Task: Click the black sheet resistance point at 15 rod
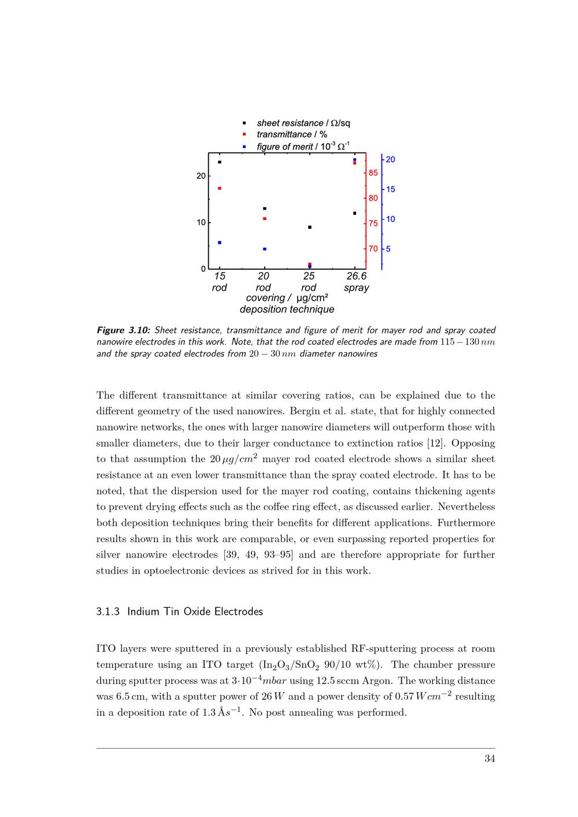tap(220, 162)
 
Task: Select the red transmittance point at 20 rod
tap(265, 218)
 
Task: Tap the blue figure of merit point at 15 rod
tap(220, 243)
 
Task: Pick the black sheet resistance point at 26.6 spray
tap(354, 213)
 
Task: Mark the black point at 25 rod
tap(310, 227)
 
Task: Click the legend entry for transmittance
tap(292, 135)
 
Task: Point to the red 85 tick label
tap(373, 173)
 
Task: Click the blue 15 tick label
tap(391, 189)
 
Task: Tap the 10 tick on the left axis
tap(201, 222)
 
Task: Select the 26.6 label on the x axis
tap(356, 276)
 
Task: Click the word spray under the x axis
tap(356, 288)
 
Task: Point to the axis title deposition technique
tap(287, 309)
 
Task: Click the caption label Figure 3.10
tap(123, 330)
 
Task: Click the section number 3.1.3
tap(108, 611)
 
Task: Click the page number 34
tap(490, 759)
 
